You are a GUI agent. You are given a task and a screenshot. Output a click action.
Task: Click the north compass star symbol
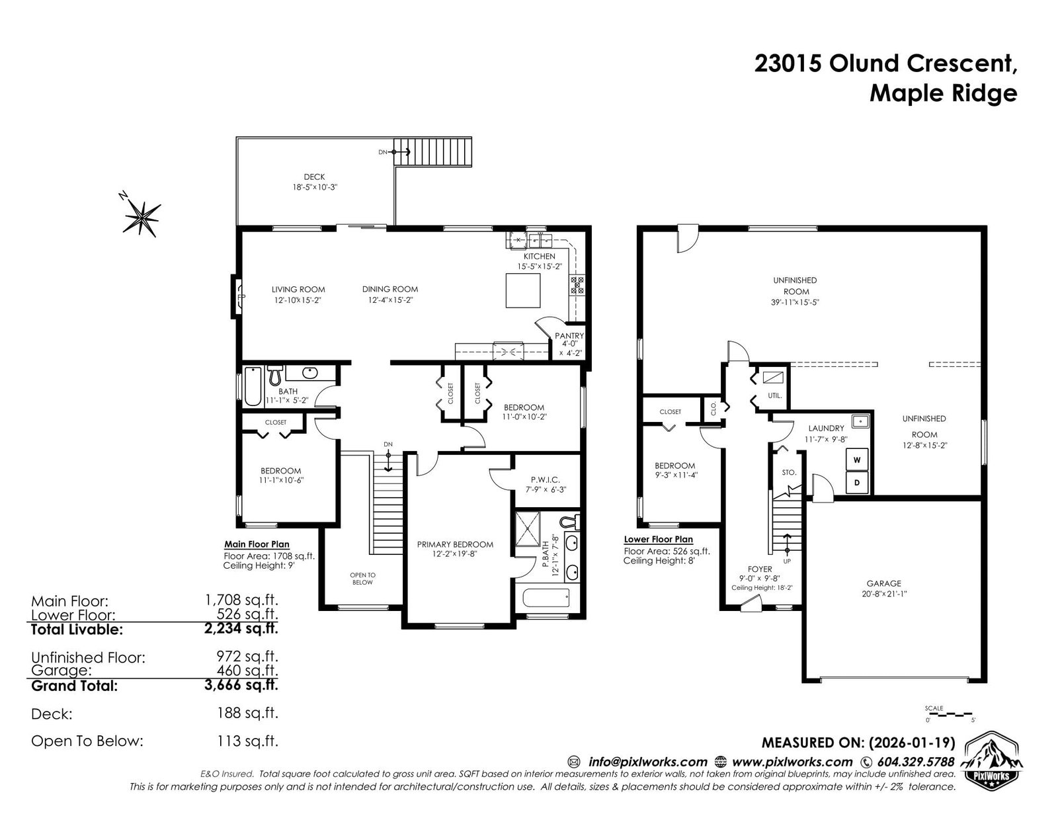coord(142,217)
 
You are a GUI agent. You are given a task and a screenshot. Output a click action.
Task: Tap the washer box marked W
coord(857,460)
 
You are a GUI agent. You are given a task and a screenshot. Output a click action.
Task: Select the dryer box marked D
coord(857,483)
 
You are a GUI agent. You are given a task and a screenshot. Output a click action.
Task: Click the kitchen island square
coord(523,290)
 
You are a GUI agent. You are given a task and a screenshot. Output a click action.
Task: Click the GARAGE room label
coord(883,583)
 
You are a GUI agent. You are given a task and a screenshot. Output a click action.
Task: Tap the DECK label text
coord(314,177)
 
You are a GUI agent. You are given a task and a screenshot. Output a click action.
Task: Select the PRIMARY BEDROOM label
coord(455,544)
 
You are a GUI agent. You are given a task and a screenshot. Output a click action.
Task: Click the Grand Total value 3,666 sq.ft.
coord(241,685)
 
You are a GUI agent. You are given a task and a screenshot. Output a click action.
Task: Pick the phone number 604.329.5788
coord(916,762)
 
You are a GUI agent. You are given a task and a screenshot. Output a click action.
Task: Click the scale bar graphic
coord(949,716)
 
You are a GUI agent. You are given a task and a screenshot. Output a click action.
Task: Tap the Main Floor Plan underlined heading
coord(257,545)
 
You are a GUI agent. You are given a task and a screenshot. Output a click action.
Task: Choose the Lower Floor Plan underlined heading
coord(658,540)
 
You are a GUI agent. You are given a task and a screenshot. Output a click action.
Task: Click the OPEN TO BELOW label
coord(363,579)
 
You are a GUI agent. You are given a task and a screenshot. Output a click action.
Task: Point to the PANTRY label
coord(569,335)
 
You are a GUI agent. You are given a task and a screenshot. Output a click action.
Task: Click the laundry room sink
coord(860,420)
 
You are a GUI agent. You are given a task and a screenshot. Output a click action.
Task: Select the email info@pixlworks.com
coord(647,762)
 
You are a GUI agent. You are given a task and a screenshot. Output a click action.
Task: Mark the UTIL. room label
coord(774,396)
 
